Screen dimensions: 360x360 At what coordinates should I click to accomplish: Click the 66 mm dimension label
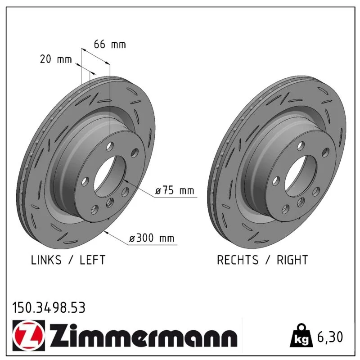110,44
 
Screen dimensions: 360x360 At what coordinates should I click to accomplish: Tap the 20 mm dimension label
56,59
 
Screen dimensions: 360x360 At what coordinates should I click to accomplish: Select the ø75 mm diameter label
175,190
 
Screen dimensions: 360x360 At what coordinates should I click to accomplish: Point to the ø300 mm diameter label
152,238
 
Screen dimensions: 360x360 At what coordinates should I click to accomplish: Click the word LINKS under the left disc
46,260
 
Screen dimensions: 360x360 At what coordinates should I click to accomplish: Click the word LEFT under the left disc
93,260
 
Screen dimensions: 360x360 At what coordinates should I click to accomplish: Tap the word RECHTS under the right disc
238,260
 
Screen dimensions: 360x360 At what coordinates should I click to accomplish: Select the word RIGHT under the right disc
292,260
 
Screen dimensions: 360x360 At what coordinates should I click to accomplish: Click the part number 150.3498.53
49,308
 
